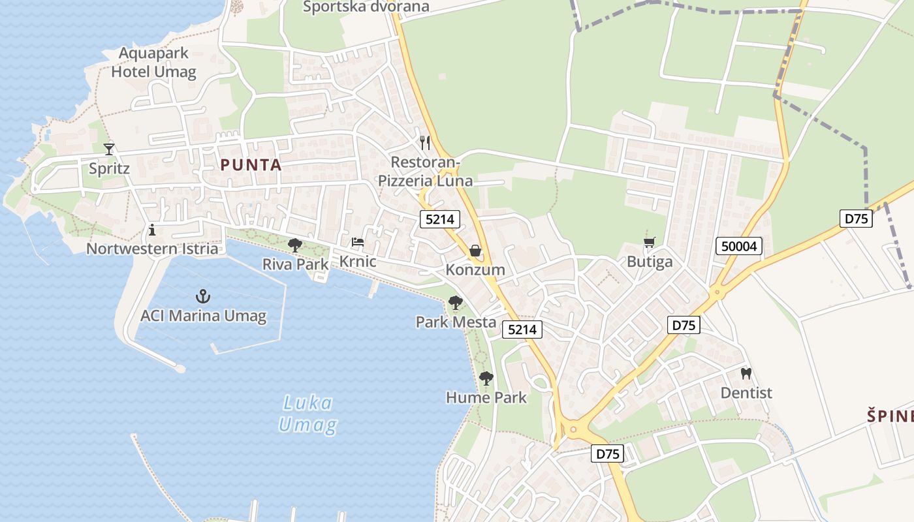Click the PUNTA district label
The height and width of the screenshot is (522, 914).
click(x=251, y=165)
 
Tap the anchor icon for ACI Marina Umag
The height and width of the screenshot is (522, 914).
click(x=203, y=296)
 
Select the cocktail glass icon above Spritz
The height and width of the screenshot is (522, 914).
click(x=109, y=149)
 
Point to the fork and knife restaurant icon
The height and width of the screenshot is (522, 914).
click(x=425, y=142)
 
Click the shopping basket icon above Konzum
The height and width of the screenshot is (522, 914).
click(x=475, y=251)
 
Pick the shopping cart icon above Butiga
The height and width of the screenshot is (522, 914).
click(x=649, y=243)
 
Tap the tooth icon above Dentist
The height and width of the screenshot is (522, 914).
click(x=746, y=374)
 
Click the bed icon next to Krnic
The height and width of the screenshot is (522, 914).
click(x=358, y=242)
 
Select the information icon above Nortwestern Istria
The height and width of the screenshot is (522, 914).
click(x=152, y=230)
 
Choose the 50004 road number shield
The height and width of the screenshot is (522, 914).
click(x=739, y=246)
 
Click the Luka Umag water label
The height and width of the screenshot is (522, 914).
click(x=308, y=414)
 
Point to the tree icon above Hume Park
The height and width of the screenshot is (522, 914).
click(x=486, y=378)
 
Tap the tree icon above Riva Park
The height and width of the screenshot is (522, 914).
click(x=295, y=245)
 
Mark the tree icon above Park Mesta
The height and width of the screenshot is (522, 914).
click(x=456, y=303)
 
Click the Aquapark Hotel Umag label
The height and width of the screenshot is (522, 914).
click(x=153, y=62)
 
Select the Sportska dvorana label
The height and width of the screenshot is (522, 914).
click(x=366, y=7)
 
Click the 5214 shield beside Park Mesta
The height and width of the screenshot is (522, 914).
click(x=522, y=330)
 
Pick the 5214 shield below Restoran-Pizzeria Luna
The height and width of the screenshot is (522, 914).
click(x=439, y=219)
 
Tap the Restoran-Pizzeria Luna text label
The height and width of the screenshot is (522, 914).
click(x=426, y=171)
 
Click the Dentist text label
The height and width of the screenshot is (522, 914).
click(x=746, y=393)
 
